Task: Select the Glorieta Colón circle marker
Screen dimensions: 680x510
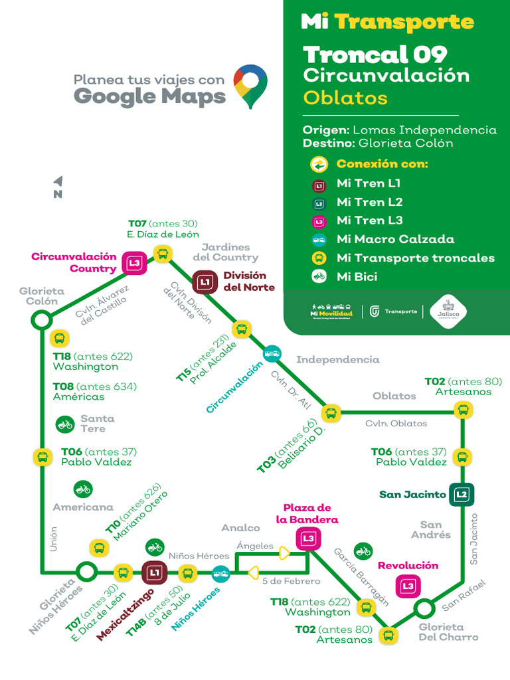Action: point(41,321)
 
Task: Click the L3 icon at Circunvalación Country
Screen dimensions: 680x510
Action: point(135,263)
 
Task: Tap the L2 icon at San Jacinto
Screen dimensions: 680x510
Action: point(462,494)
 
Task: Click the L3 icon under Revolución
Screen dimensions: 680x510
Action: point(408,586)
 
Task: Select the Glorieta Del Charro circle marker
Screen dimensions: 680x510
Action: point(423,608)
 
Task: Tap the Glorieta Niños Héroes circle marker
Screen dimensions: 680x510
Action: point(86,571)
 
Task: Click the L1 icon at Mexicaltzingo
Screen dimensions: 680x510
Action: point(154,572)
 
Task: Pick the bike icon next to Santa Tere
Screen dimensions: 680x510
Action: point(65,423)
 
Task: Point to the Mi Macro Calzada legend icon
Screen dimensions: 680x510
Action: point(319,239)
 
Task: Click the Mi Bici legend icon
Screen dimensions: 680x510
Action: point(319,276)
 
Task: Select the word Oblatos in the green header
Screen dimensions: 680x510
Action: point(345,98)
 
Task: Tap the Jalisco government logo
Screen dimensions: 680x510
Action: point(448,311)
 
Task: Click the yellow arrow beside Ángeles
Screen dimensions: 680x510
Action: point(284,552)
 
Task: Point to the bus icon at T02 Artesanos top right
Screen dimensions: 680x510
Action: point(462,410)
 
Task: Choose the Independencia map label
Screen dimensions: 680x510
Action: point(337,360)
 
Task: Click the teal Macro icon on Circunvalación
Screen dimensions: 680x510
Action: point(272,353)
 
